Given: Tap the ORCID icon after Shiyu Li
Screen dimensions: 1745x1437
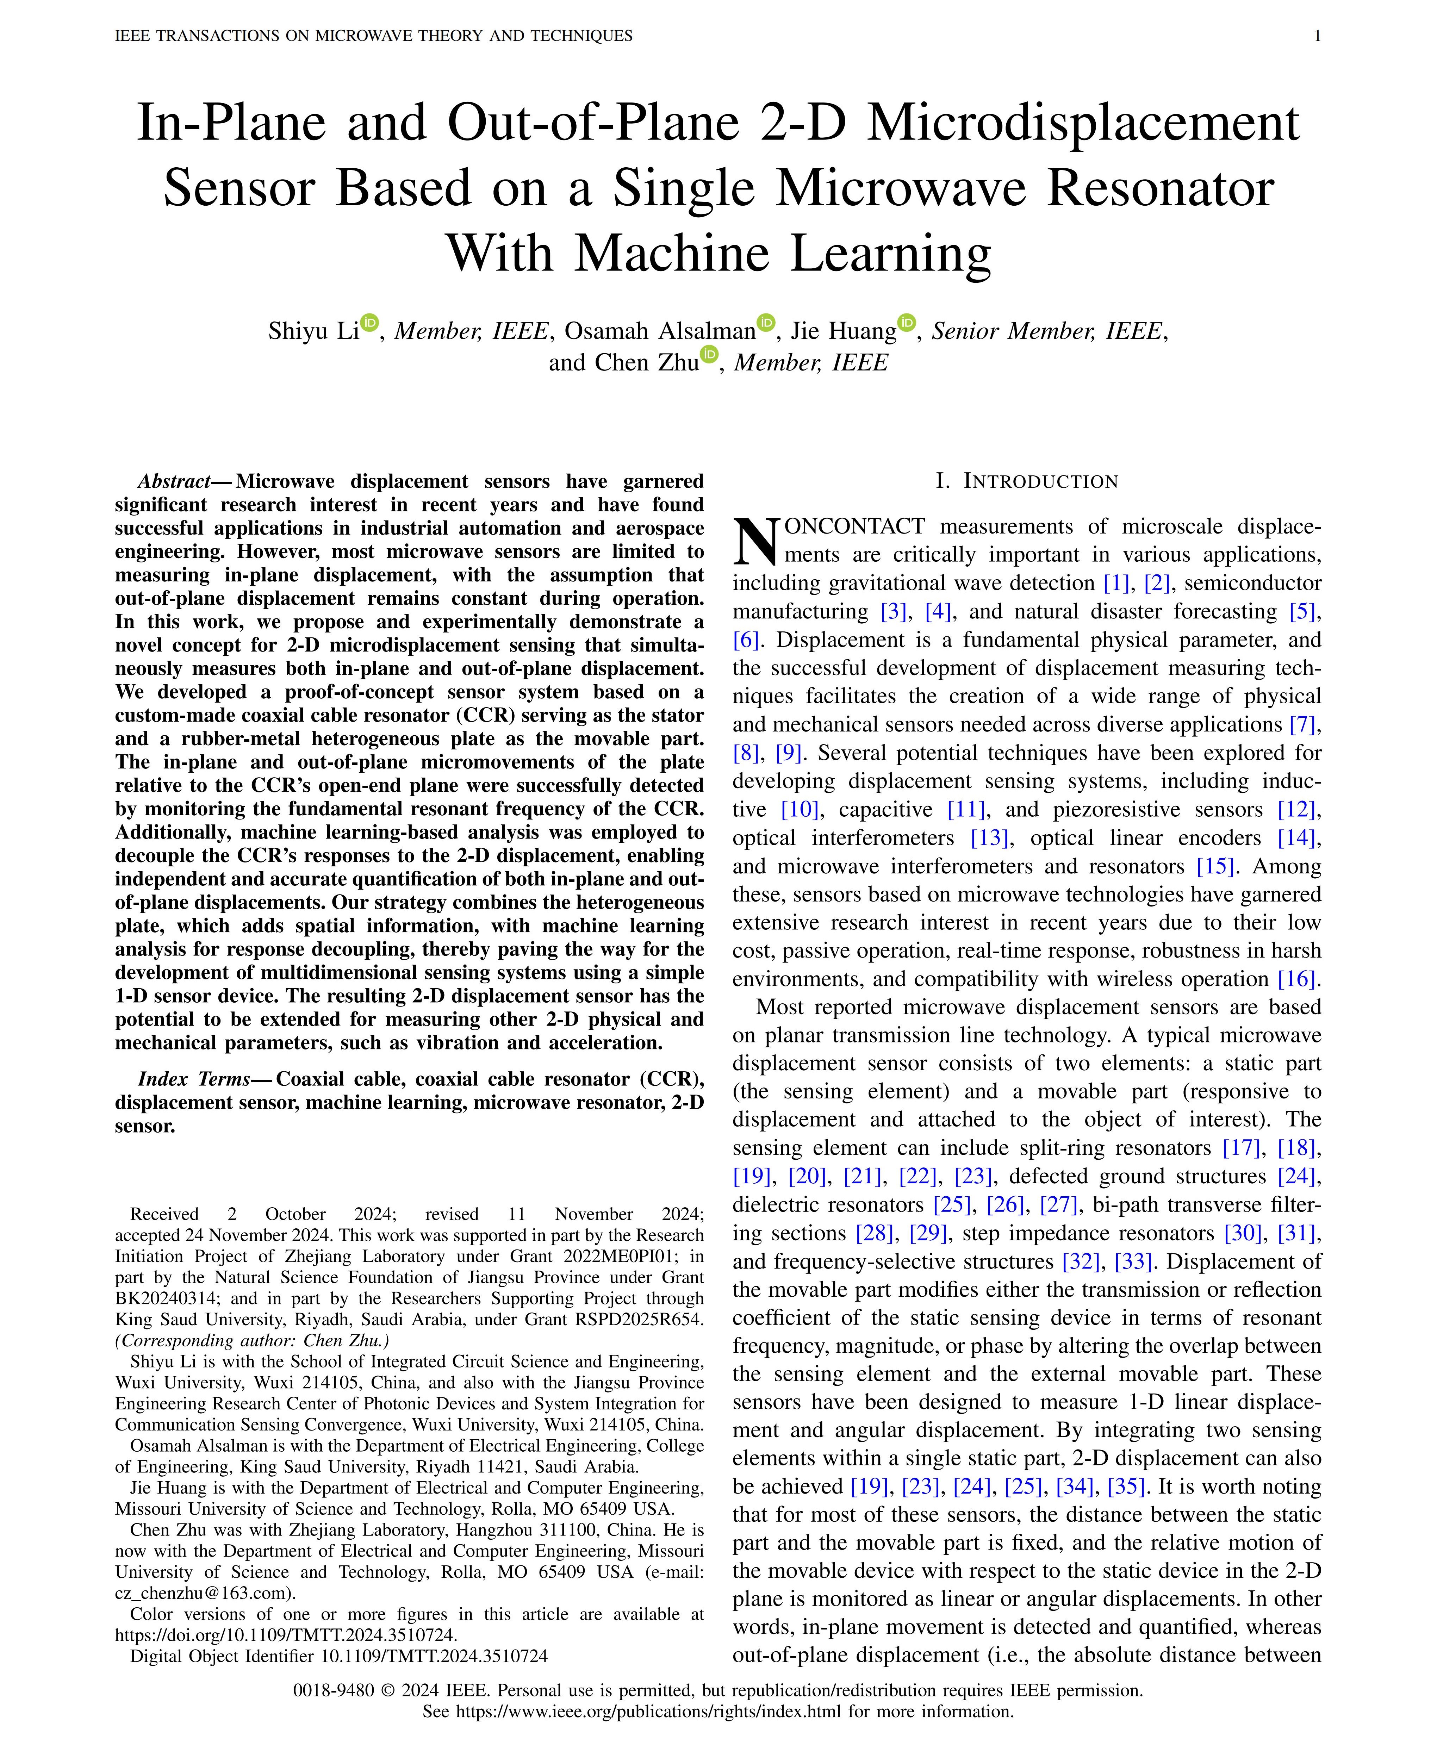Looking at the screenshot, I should coord(369,322).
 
